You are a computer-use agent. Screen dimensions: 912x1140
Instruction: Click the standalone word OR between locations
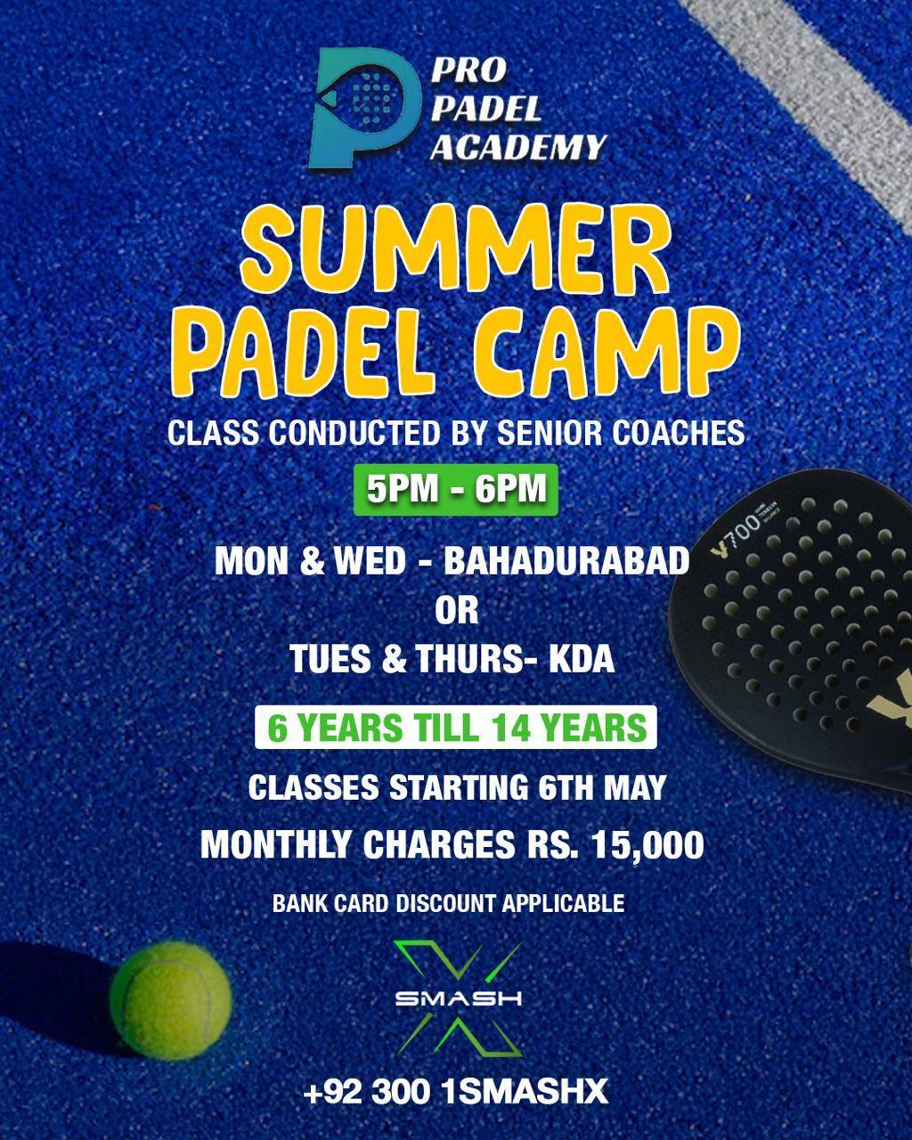click(x=456, y=610)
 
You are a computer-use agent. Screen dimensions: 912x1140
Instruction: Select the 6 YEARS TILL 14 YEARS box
click(x=456, y=728)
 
